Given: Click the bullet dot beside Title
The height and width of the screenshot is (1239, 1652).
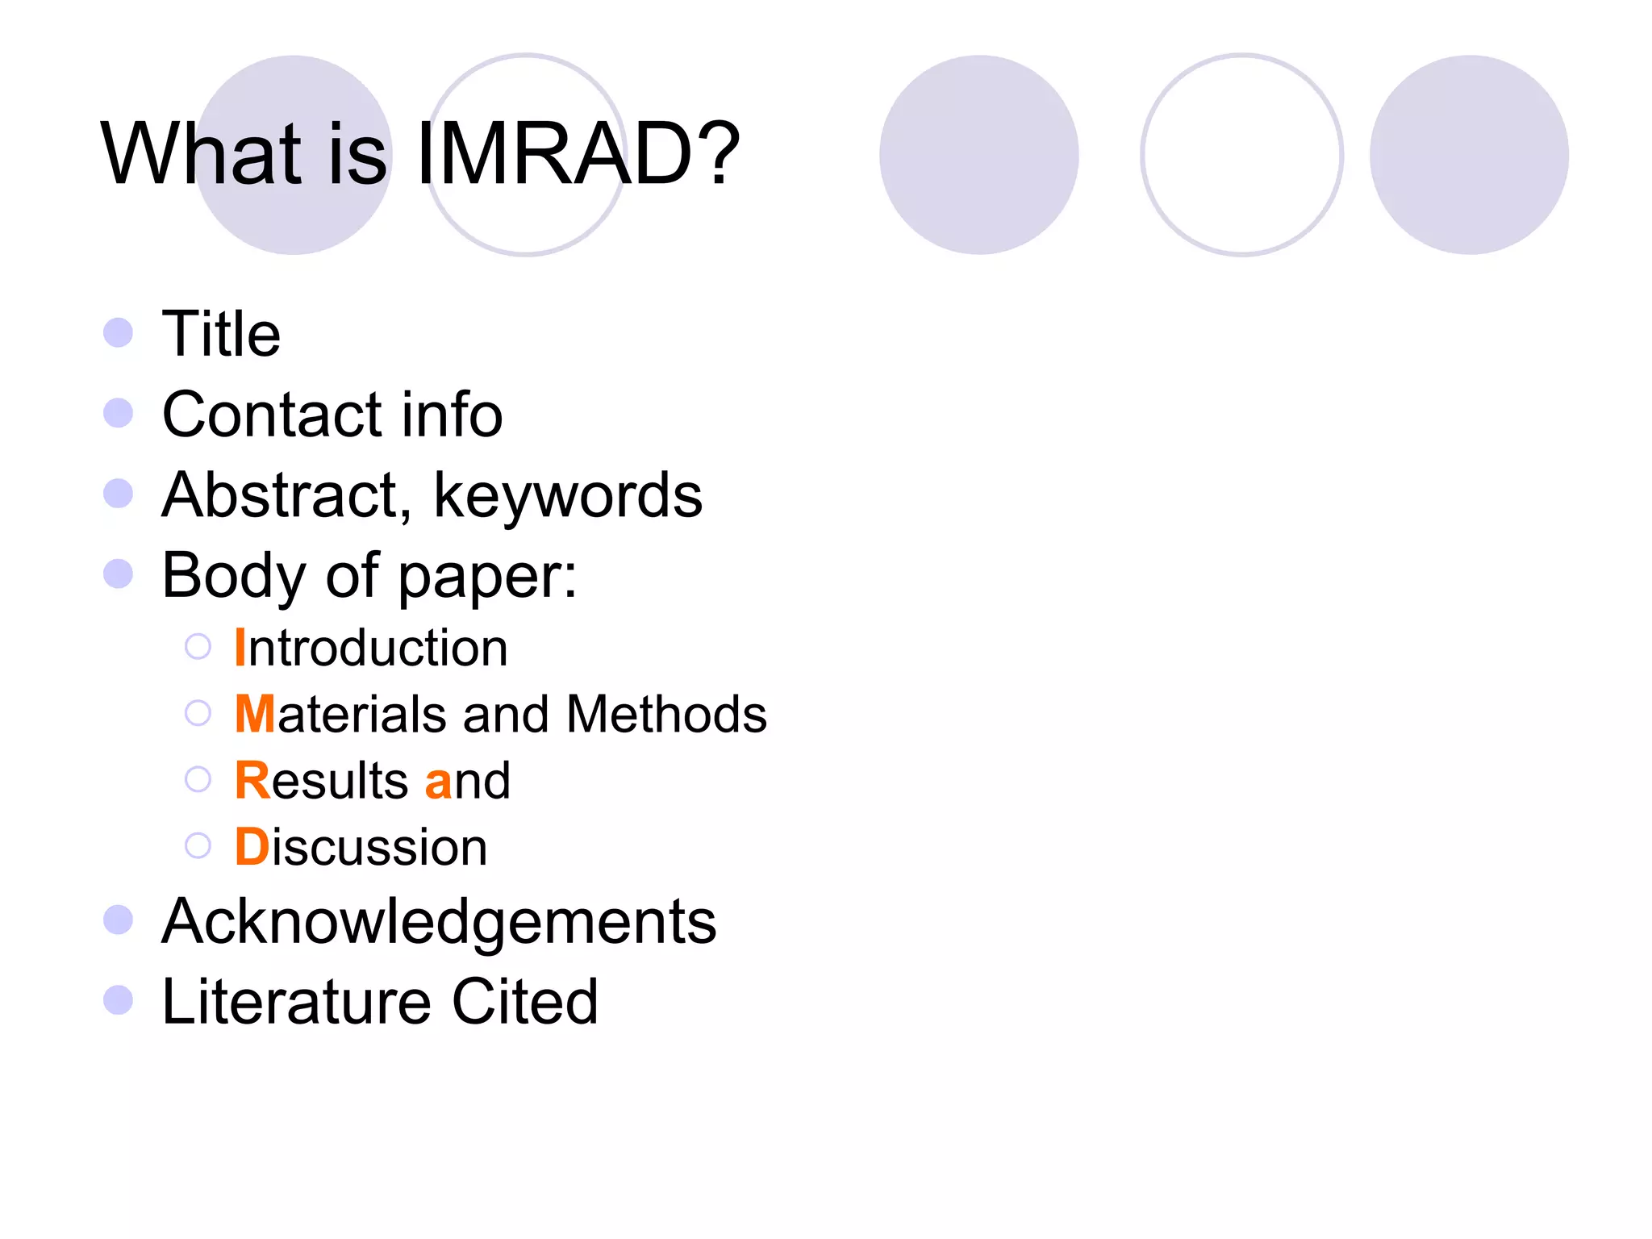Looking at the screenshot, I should [x=119, y=332].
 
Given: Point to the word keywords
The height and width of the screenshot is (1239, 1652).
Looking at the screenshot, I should [x=568, y=495].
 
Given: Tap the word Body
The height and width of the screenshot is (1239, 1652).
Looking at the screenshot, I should [x=234, y=576].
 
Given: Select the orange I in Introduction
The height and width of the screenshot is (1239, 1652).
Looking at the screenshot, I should [x=240, y=647].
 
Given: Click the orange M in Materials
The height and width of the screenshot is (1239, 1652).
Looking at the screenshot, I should [x=255, y=714].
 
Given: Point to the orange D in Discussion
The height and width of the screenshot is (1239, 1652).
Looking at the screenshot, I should [x=252, y=847].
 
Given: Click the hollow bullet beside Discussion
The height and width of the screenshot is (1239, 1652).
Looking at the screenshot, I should [x=198, y=846].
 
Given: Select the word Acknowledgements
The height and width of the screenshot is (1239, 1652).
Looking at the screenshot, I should [x=439, y=921].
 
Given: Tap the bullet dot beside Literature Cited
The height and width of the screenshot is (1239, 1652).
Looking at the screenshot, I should [x=119, y=1000].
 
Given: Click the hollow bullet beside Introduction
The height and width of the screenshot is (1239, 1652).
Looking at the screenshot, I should [x=198, y=647].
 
